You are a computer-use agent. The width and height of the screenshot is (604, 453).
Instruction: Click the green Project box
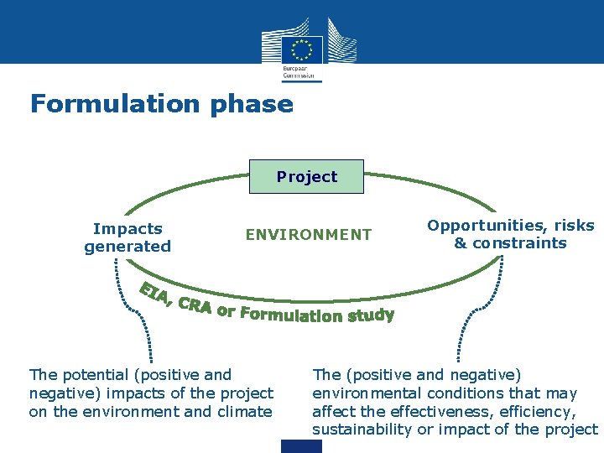coord(307,177)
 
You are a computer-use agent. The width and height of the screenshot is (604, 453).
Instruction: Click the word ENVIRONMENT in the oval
coord(308,235)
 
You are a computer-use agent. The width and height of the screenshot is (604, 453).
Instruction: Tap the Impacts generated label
coord(128,237)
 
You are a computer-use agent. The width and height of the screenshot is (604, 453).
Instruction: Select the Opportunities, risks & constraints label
coord(510,234)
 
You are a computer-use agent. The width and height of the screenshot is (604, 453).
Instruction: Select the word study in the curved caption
coord(369,315)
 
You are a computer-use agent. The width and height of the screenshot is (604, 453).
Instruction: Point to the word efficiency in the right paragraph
coord(543,412)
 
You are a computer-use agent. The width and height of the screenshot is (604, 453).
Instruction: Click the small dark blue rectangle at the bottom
coord(301,446)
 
